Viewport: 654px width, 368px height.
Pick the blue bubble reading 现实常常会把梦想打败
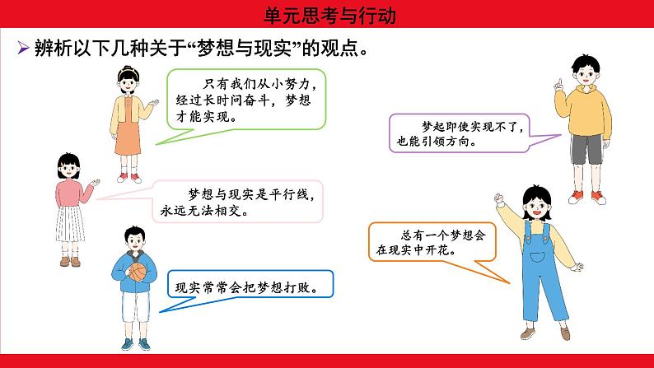(250, 287)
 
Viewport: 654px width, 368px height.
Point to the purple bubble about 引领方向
(459, 132)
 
